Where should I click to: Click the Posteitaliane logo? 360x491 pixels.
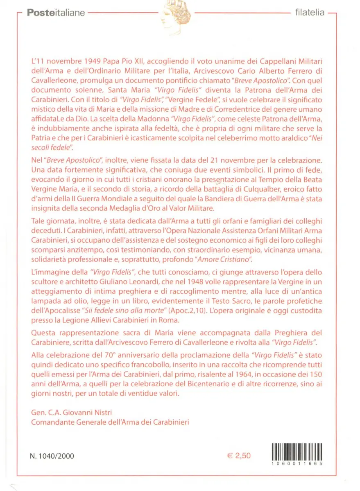[x=56, y=13]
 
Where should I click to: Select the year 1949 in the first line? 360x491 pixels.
[x=91, y=61]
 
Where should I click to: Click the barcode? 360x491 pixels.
[x=297, y=452]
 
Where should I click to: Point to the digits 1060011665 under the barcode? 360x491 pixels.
[x=297, y=464]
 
